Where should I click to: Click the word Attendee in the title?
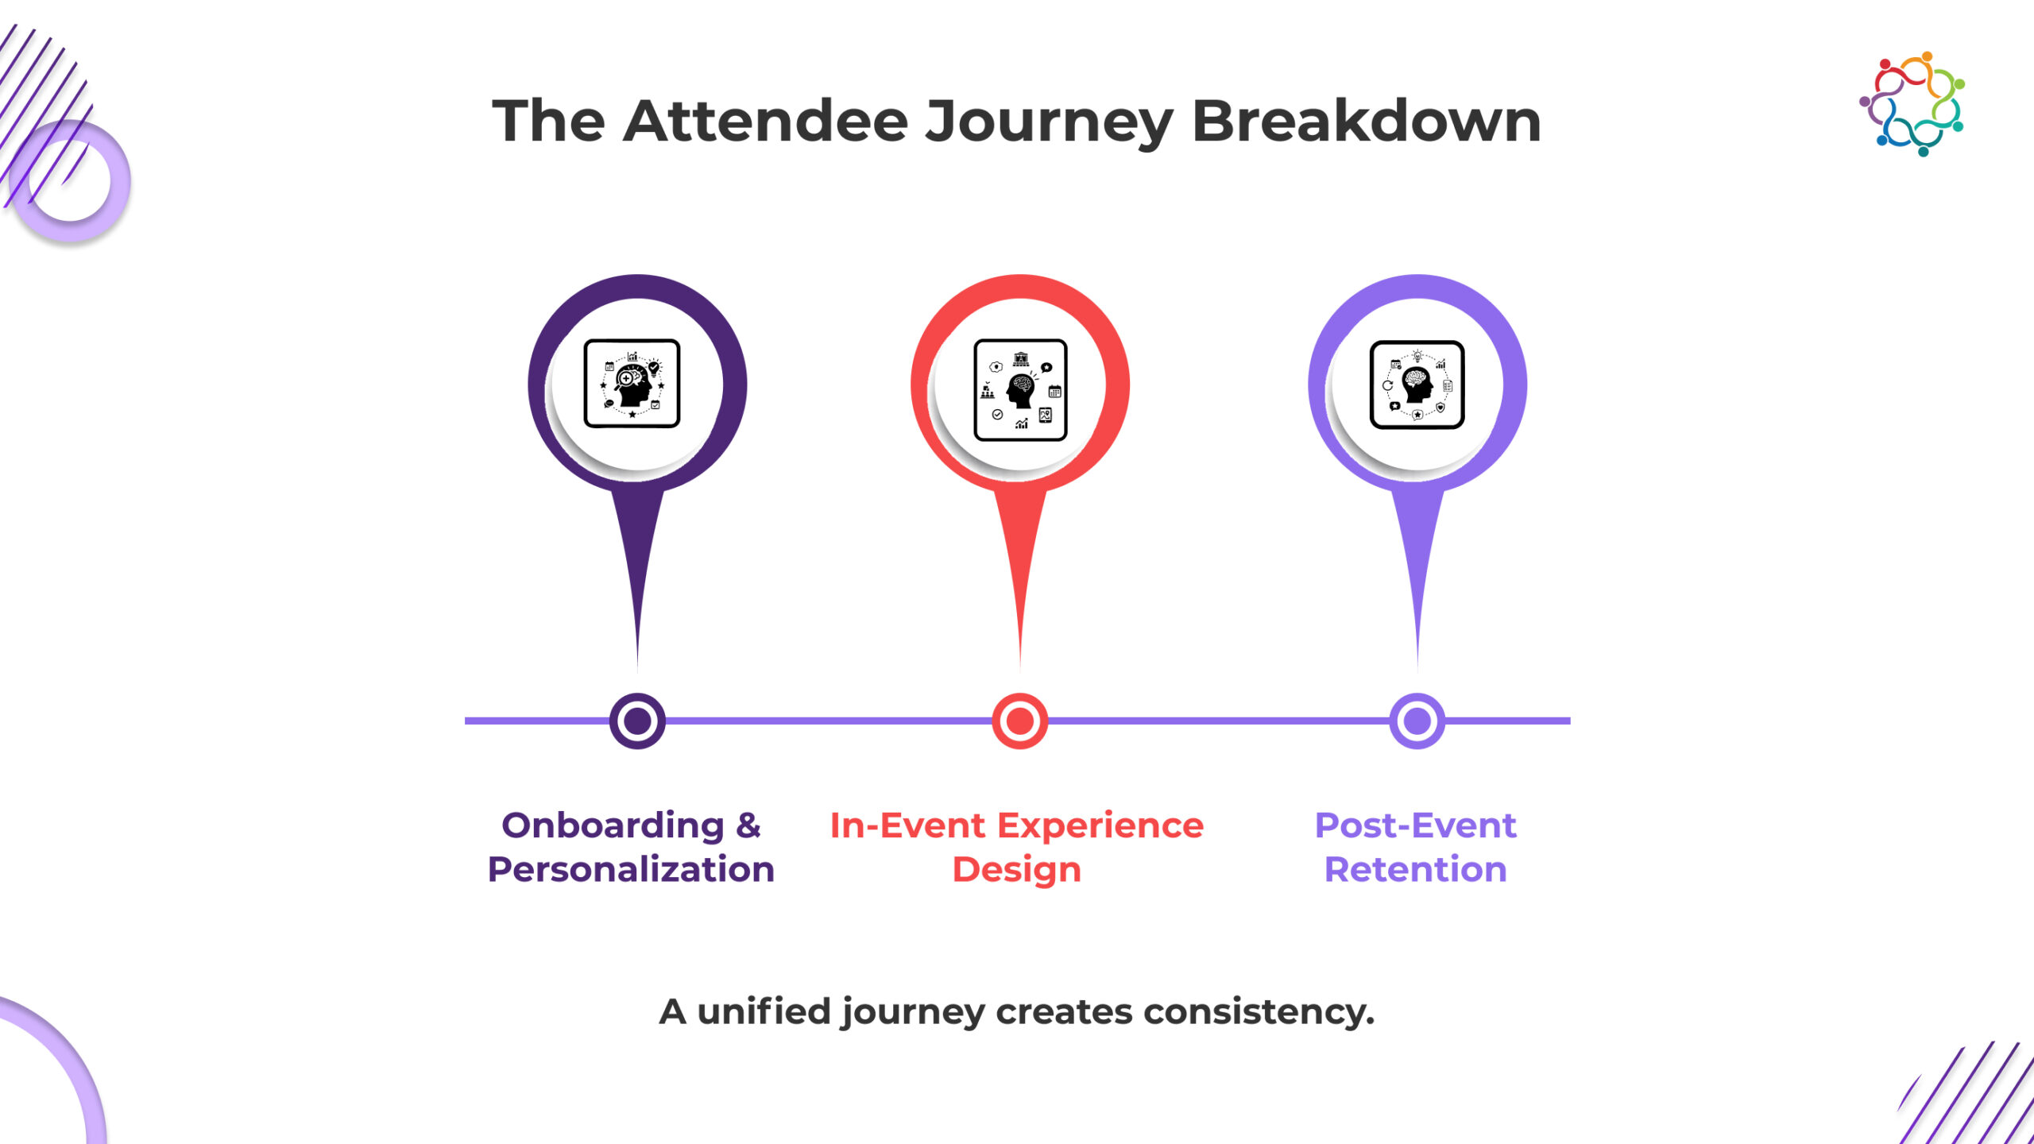click(765, 121)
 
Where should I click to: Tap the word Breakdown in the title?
click(1367, 121)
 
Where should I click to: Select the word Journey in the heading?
click(1050, 124)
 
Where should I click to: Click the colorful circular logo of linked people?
click(1912, 103)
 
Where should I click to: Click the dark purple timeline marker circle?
click(637, 721)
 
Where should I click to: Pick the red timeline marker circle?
click(1020, 721)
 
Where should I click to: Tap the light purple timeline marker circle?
click(1417, 721)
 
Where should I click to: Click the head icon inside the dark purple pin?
click(632, 384)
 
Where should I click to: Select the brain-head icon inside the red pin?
click(1020, 389)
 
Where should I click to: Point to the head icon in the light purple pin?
click(1417, 385)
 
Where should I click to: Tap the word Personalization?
click(631, 869)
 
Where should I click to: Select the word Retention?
click(1416, 869)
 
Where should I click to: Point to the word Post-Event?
click(1416, 825)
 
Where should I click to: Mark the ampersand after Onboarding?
click(748, 826)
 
